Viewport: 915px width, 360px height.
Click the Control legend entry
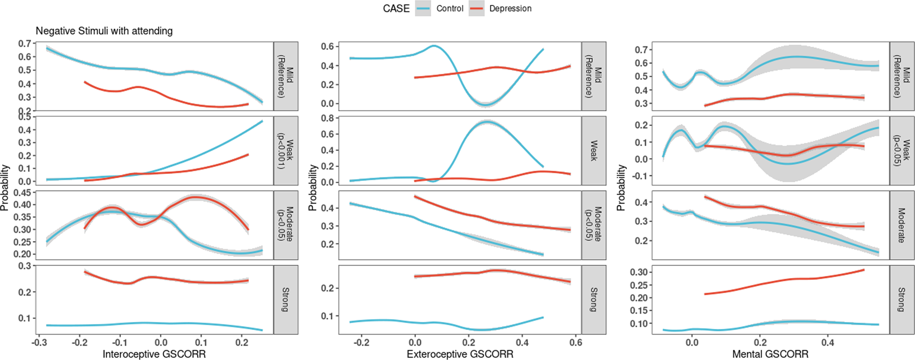click(x=449, y=8)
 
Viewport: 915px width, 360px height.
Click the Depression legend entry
click(x=510, y=8)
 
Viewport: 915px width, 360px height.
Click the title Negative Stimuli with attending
click(x=104, y=31)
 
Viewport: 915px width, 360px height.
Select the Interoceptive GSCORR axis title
click(x=154, y=354)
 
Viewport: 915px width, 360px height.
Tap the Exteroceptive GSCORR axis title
click(x=460, y=354)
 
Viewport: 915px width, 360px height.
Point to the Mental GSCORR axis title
click(x=770, y=354)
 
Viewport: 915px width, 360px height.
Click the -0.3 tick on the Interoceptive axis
click(x=39, y=343)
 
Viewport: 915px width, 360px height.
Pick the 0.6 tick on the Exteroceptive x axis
click(x=576, y=343)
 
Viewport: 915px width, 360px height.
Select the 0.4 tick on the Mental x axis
click(x=827, y=343)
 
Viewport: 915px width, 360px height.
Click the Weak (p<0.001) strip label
click(x=286, y=151)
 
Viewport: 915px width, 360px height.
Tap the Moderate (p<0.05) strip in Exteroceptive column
click(x=594, y=225)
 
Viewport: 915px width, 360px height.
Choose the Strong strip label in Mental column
click(x=901, y=300)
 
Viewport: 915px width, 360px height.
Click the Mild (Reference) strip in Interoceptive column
click(x=286, y=76)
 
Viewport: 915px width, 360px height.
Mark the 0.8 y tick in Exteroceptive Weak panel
click(x=327, y=118)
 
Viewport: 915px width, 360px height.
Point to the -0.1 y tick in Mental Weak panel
click(x=641, y=176)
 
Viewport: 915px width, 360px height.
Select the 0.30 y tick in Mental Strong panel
click(x=638, y=272)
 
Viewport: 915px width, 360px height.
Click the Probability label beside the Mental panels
click(x=621, y=188)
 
